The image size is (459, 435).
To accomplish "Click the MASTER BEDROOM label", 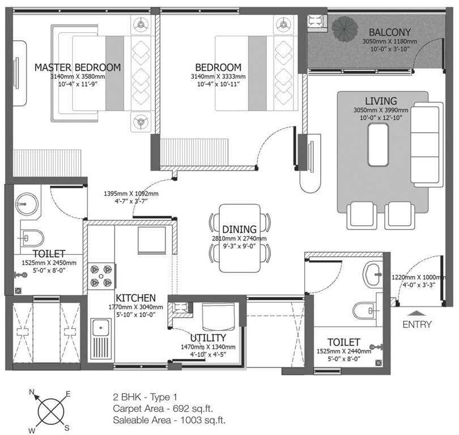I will click(x=78, y=67).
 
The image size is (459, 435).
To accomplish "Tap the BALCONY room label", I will click(x=389, y=32).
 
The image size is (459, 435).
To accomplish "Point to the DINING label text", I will click(x=239, y=229).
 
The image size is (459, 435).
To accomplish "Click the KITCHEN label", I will click(x=136, y=298).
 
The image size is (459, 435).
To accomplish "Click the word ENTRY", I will click(x=417, y=325).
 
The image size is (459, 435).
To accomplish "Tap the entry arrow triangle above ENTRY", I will click(x=416, y=312).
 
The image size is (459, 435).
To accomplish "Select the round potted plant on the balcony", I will click(x=344, y=27).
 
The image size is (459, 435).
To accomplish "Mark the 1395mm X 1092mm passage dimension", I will click(x=131, y=194).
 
